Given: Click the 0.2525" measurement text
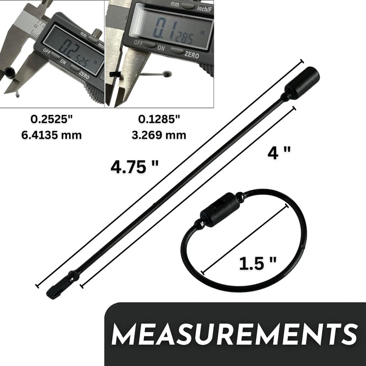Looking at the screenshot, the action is click(x=52, y=119).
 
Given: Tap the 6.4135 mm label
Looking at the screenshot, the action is click(x=52, y=135).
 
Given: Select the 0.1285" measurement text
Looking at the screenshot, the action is click(x=159, y=119).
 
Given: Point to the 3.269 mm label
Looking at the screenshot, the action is click(x=159, y=135).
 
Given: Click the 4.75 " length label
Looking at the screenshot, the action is click(x=135, y=167).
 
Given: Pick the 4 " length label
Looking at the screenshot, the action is click(x=279, y=153).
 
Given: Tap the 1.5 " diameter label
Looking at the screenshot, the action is click(x=258, y=264).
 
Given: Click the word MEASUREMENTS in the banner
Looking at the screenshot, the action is click(x=234, y=334).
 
